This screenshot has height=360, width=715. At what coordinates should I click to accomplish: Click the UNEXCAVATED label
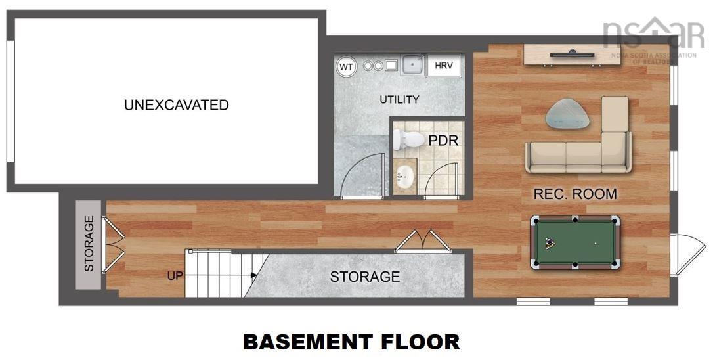point(176,105)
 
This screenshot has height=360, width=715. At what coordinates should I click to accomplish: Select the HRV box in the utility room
point(443,66)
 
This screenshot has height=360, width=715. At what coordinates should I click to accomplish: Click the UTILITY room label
point(399,100)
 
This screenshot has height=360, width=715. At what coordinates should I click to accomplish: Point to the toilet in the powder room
point(409,139)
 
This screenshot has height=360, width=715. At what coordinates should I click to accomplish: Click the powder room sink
point(404,177)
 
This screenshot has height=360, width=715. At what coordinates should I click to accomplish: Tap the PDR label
point(443,141)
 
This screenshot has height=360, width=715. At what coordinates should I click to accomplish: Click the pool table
point(575,242)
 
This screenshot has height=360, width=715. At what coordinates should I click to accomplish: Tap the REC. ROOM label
point(574,194)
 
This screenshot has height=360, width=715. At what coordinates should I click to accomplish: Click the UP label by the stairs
point(175,276)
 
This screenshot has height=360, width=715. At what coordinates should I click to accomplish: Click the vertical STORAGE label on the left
point(89,244)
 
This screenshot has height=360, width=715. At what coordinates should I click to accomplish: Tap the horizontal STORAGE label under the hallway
point(364,277)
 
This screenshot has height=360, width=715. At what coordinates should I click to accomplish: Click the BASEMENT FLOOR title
point(351,342)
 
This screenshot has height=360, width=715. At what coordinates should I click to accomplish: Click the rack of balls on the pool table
point(550,243)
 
